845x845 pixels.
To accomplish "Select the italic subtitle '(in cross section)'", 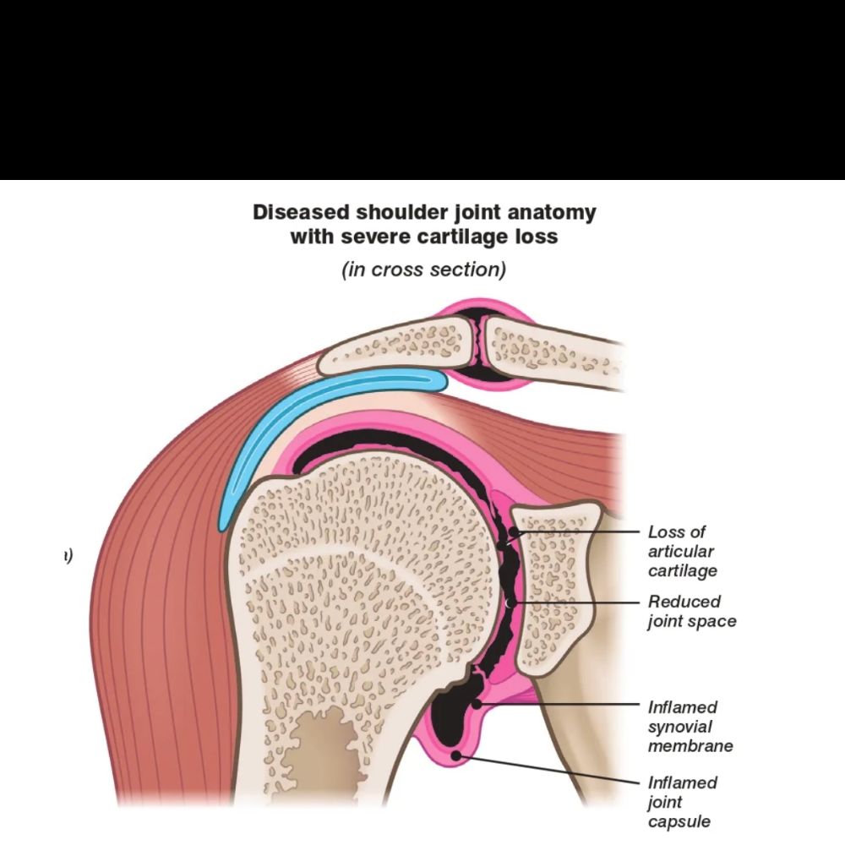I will (423, 270).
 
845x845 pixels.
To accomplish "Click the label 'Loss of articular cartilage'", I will (682, 551).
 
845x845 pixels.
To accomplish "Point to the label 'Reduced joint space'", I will (691, 611).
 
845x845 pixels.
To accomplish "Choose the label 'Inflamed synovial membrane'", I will (690, 726).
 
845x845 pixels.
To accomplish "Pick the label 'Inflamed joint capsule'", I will (682, 801).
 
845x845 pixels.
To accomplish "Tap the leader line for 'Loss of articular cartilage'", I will (583, 532).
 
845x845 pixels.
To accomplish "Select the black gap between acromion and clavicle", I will (479, 346).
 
